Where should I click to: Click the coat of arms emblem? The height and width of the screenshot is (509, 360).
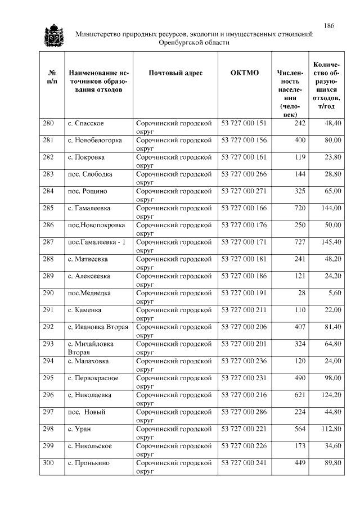point(54,37)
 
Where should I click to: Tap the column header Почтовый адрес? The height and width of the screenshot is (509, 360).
point(175,73)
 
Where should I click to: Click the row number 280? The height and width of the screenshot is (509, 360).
point(48,123)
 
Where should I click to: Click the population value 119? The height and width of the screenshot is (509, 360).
point(300,157)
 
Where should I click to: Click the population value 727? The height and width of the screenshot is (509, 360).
point(300,242)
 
